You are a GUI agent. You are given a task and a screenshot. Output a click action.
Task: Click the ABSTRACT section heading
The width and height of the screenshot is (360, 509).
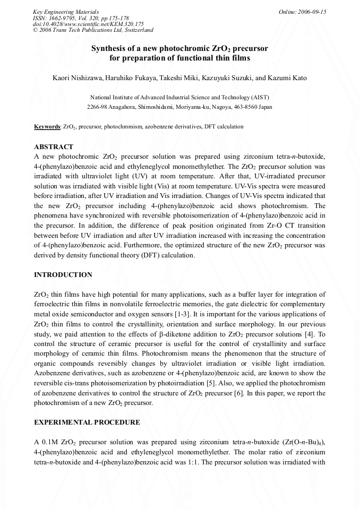pyautogui.click(x=54, y=146)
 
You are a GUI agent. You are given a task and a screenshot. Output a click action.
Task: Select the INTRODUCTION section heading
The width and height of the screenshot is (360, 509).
pyautogui.click(x=63, y=274)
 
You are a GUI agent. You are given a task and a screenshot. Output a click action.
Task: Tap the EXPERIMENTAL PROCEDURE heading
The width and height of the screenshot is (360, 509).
pyautogui.click(x=87, y=422)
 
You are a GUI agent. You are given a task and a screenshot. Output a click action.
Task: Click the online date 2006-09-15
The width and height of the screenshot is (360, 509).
pyautogui.click(x=302, y=12)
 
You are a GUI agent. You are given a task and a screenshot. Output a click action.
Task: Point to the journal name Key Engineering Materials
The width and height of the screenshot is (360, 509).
pyautogui.click(x=65, y=12)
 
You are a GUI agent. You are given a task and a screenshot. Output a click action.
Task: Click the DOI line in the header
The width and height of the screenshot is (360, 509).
pyautogui.click(x=88, y=24)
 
